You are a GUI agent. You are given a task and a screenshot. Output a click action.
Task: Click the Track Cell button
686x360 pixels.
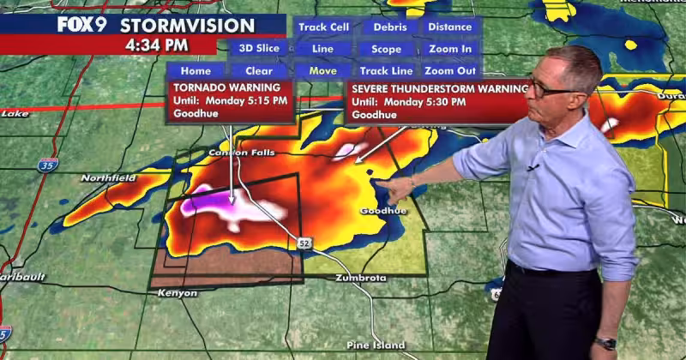pyautogui.click(x=323, y=27)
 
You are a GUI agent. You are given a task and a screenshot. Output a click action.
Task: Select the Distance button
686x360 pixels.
pyautogui.click(x=450, y=27)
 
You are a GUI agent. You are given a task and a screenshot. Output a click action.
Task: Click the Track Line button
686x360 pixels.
pyautogui.click(x=385, y=71)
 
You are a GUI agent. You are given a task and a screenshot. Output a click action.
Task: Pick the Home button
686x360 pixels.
pyautogui.click(x=196, y=71)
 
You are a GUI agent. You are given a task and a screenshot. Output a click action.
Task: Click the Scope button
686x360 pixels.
pyautogui.click(x=386, y=50)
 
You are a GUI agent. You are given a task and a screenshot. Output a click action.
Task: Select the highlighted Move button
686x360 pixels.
pyautogui.click(x=323, y=71)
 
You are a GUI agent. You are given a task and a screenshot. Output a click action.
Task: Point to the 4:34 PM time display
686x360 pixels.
pyautogui.click(x=150, y=44)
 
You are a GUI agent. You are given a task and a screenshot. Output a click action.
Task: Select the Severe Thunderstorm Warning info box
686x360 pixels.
pyautogui.click(x=438, y=101)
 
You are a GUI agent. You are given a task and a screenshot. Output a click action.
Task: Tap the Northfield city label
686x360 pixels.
pyautogui.click(x=109, y=178)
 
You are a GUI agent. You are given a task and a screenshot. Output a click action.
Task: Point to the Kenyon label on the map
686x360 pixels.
pyautogui.click(x=178, y=293)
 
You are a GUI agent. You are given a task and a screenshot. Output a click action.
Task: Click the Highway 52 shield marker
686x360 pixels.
pyautogui.click(x=304, y=244)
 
